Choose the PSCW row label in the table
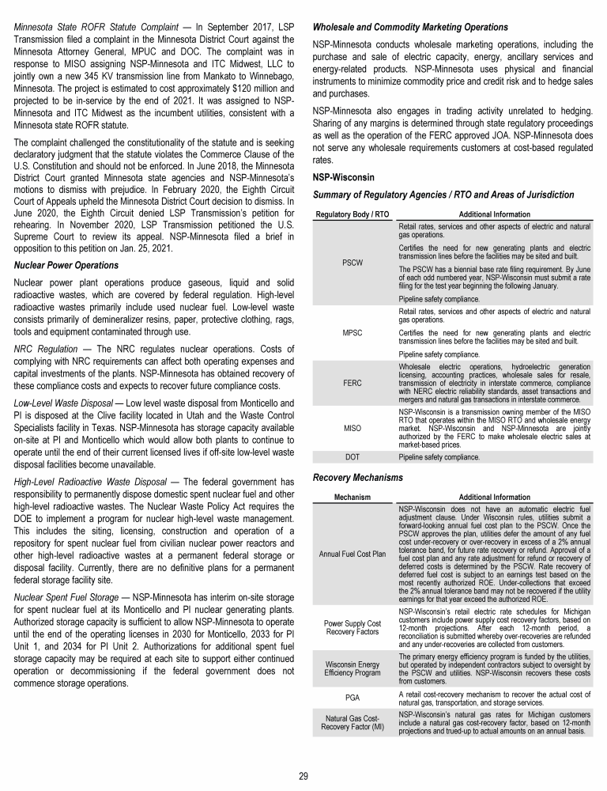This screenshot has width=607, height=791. [353, 262]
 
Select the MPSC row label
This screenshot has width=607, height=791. [353, 333]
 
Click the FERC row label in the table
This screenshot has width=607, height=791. [353, 383]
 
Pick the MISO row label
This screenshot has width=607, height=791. [353, 430]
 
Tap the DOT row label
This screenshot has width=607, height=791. [353, 458]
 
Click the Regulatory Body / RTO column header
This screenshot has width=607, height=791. [353, 214]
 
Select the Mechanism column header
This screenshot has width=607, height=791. [353, 498]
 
